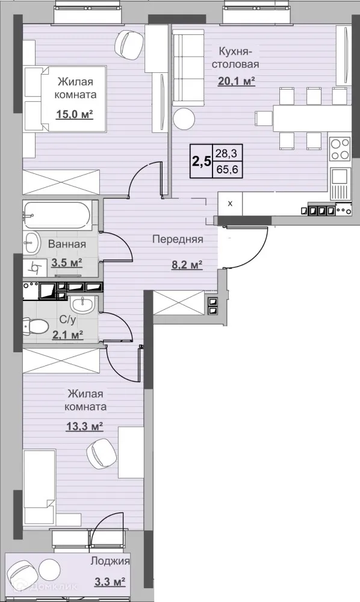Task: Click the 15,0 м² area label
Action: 75,114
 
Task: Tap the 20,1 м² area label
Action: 237,81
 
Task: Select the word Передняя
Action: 178,240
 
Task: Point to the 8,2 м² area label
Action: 187,264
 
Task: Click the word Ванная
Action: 67,244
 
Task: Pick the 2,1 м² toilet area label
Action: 68,335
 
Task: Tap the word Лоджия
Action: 110,561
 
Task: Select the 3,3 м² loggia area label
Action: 110,582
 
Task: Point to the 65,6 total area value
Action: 227,169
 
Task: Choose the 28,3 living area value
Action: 227,154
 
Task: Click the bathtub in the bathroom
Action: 57,216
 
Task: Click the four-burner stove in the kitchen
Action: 340,149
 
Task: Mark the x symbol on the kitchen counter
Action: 230,204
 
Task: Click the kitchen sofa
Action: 188,69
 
